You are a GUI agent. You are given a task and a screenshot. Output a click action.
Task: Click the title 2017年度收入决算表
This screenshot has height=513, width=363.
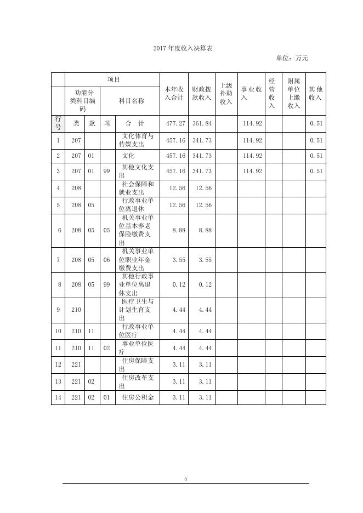point(183,48)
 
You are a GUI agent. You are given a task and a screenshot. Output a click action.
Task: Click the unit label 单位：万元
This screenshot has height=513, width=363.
point(292,58)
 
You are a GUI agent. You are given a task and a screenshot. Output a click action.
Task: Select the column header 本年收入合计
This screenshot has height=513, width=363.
point(174,93)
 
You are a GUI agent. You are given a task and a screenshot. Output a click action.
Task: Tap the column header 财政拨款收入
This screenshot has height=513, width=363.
point(201,93)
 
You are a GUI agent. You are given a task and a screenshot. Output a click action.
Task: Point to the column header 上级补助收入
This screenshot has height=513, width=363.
point(226,94)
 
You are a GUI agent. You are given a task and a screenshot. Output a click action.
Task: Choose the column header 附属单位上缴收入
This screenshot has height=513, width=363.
point(293,94)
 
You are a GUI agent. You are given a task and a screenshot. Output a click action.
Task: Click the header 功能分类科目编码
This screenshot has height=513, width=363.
point(82,101)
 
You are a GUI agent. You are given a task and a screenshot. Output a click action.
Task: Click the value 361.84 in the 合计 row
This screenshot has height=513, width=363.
point(202,124)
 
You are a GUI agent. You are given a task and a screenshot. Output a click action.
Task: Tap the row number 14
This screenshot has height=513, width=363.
point(58,397)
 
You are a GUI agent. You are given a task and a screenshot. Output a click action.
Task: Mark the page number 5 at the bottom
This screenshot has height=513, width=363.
point(185,479)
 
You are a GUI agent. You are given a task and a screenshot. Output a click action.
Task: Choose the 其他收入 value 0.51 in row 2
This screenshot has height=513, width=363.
point(316,156)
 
